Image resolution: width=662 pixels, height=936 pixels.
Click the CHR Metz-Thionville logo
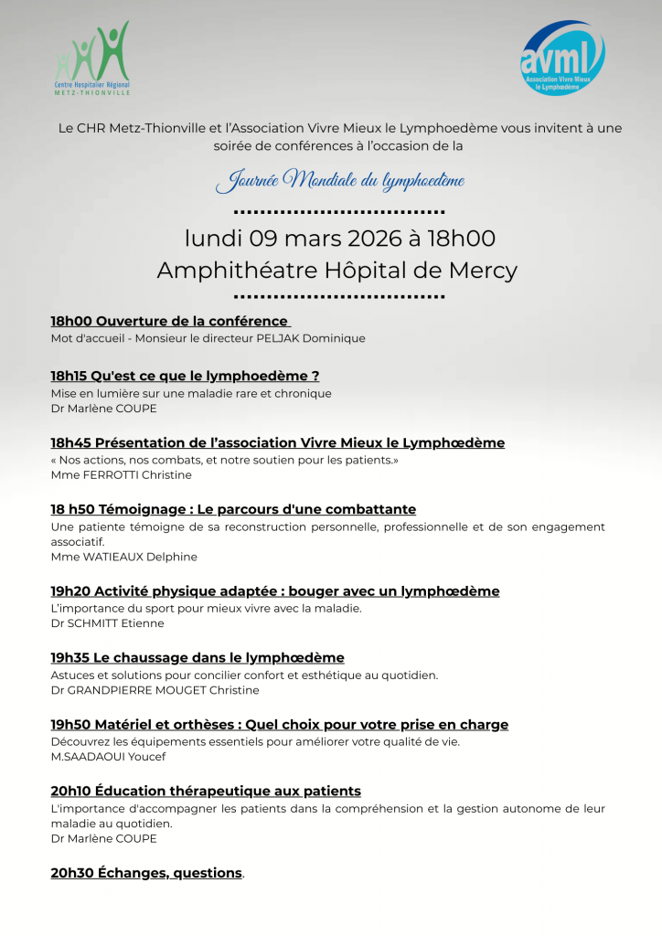[91, 58]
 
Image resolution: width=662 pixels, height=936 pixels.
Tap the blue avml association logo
[562, 58]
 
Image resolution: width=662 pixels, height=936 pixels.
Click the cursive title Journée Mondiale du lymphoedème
[339, 180]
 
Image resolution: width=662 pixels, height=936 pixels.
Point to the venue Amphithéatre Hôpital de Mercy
[337, 271]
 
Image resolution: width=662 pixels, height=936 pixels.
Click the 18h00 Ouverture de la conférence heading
[170, 321]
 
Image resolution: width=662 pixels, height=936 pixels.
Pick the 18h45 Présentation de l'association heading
[277, 442]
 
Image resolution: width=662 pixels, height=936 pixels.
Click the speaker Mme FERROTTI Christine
[121, 475]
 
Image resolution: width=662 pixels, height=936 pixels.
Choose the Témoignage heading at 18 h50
[233, 509]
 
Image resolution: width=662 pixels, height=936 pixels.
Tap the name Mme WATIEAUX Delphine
[123, 557]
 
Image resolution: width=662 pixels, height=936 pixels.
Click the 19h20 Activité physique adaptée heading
[274, 591]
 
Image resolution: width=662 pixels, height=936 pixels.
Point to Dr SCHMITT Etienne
[107, 623]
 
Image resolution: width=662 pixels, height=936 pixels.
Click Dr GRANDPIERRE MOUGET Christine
[155, 690]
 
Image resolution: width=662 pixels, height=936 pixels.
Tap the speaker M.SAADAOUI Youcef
[108, 757]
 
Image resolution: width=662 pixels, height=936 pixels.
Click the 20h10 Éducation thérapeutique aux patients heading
[206, 791]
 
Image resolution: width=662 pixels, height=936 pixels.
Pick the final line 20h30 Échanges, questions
[146, 873]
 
